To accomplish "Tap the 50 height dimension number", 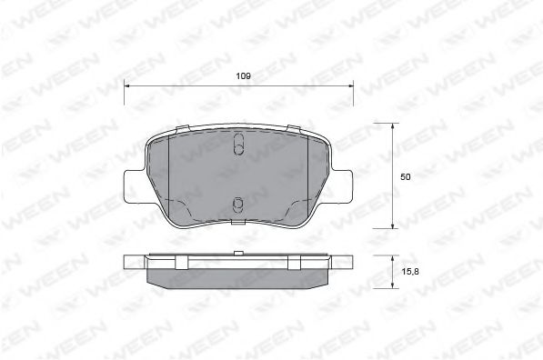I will point(405,176).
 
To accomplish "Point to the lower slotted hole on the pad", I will point(236,206).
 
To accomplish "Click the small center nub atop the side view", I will point(237,253).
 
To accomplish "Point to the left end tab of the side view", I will point(131,262).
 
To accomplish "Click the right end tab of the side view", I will point(345,262).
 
